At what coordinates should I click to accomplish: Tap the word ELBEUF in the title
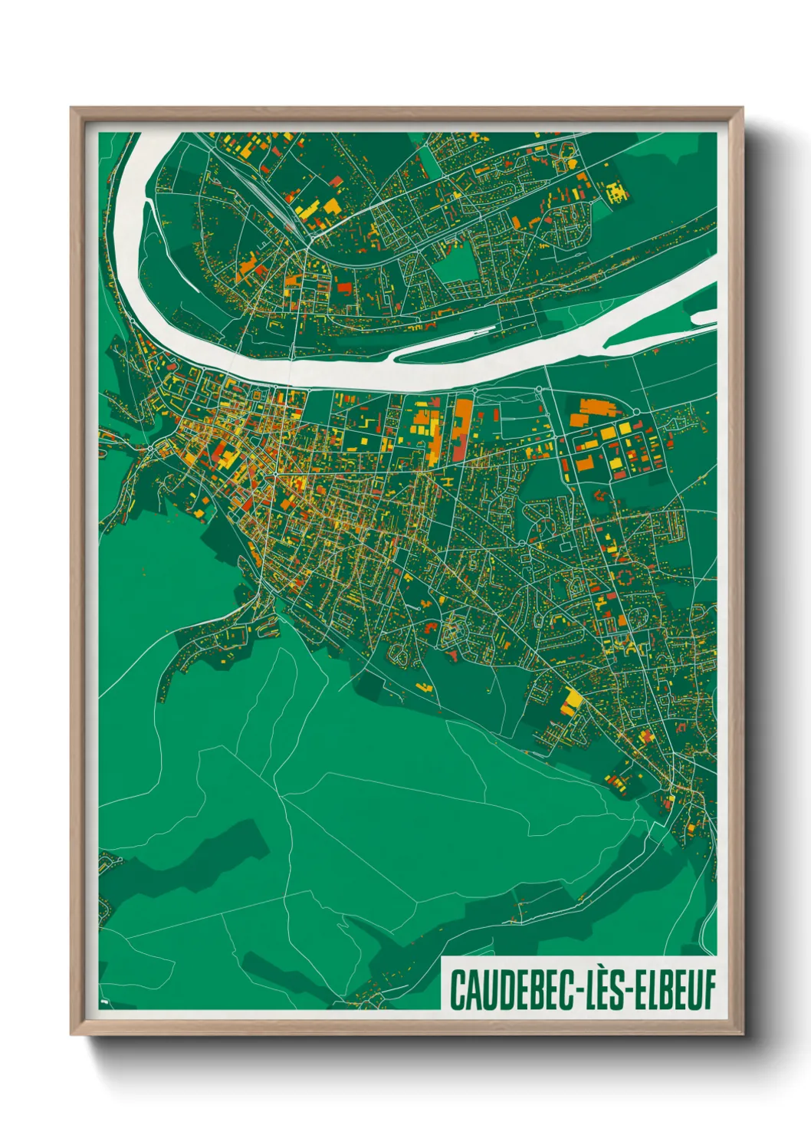(x=675, y=989)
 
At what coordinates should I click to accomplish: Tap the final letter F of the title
(x=709, y=989)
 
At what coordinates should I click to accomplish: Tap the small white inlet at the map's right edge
(x=704, y=317)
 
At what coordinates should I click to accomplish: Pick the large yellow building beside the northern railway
(x=307, y=209)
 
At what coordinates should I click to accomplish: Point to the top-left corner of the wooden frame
(x=71, y=108)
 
